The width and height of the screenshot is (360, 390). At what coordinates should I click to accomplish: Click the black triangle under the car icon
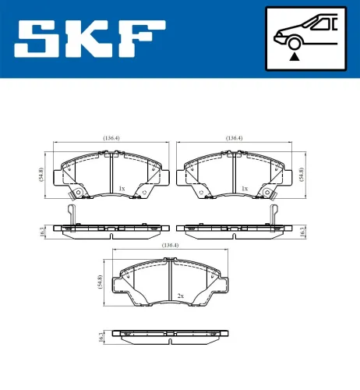point(294,55)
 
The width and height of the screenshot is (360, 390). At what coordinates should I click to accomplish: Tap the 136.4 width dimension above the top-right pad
point(232,138)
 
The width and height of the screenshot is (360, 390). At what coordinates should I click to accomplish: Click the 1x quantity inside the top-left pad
point(122,189)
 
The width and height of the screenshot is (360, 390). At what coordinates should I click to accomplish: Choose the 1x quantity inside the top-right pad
point(245,189)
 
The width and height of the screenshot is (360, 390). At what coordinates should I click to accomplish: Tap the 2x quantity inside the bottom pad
point(180,296)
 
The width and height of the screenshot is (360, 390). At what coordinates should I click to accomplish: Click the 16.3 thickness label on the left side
point(41,230)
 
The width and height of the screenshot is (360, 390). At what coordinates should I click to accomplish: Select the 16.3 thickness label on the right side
point(302,230)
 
